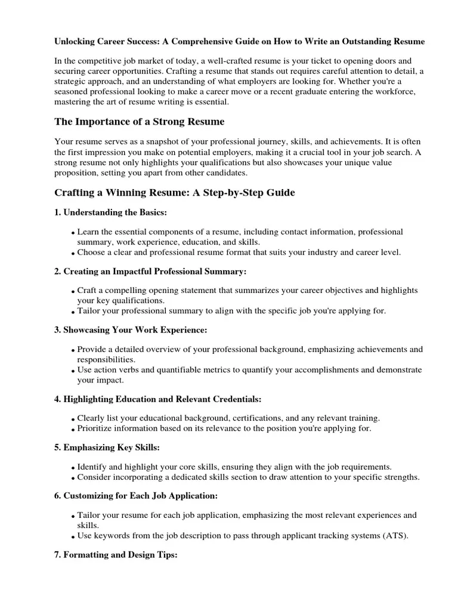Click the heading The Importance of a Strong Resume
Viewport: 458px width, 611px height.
140,122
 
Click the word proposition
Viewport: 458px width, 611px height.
76,172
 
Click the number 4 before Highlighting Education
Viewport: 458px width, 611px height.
57,399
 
